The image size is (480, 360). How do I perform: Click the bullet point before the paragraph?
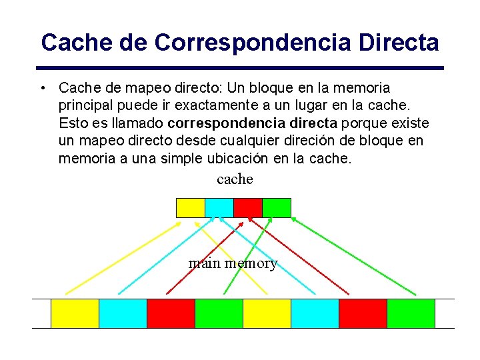43,88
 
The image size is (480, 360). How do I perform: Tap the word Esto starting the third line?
73,123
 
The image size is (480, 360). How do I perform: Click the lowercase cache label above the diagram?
235,179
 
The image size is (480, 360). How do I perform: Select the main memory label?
233,263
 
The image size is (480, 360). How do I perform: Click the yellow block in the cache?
190,208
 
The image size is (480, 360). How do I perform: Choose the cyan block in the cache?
219,208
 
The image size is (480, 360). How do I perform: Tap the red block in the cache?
247,208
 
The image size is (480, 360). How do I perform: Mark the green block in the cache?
277,208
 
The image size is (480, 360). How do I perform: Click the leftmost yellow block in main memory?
75,313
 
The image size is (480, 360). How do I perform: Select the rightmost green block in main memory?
411,313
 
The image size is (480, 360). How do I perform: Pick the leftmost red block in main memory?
171,313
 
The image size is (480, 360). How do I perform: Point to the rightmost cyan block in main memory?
315,313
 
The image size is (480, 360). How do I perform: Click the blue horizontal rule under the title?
240,67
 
